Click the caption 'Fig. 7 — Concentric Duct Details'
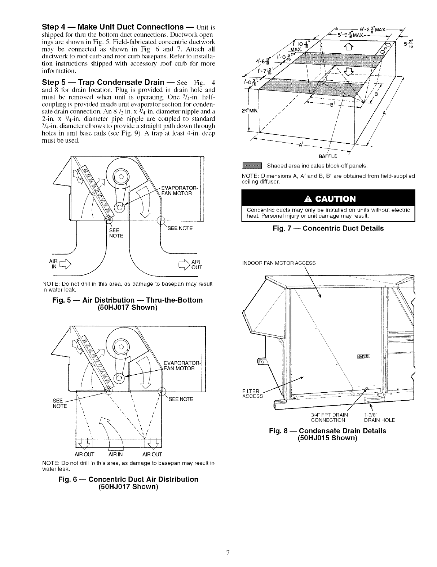coord(328,228)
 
